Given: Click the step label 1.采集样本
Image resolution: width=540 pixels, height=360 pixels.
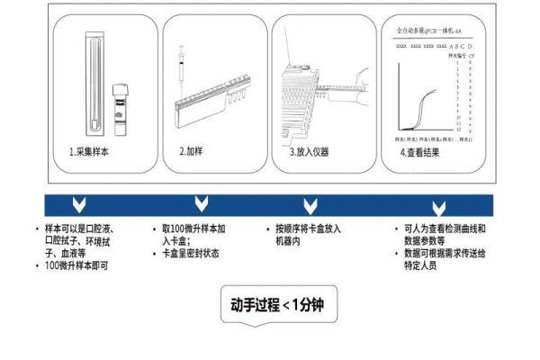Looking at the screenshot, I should coord(90,152).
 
